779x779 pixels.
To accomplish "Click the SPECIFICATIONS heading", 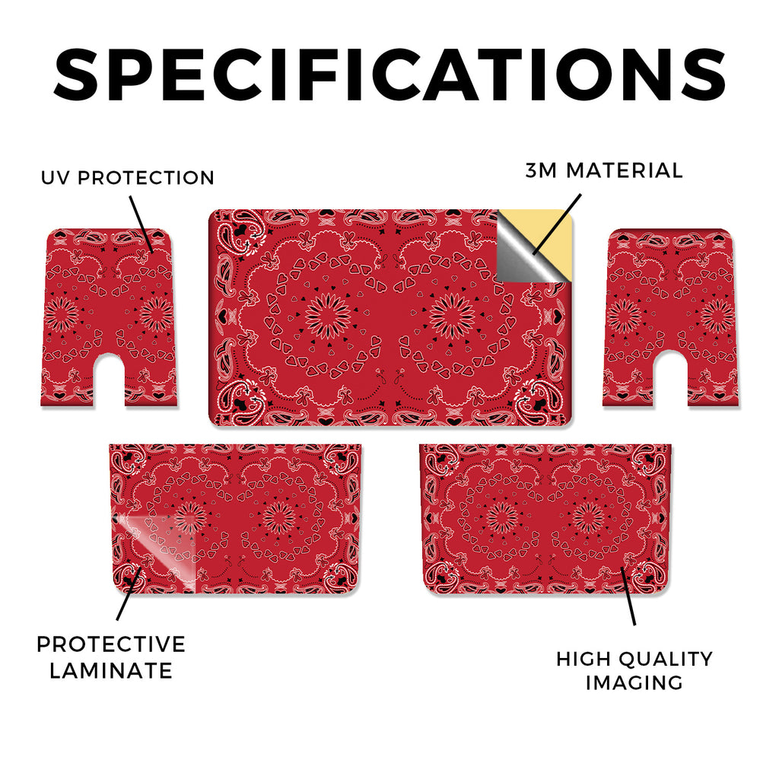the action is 389,75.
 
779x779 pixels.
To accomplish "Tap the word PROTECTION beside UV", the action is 146,178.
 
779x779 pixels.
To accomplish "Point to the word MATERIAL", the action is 625,170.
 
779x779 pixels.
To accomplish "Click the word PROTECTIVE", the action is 111,644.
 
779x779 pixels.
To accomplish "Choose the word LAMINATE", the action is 111,671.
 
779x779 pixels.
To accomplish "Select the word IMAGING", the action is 634,682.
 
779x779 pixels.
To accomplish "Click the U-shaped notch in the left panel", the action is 110,380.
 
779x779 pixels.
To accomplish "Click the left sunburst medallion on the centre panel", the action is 328,316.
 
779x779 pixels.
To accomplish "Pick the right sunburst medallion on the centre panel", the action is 452,316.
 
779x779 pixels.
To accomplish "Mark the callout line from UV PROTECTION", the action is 141,224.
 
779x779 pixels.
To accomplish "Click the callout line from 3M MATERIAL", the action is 556,224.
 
